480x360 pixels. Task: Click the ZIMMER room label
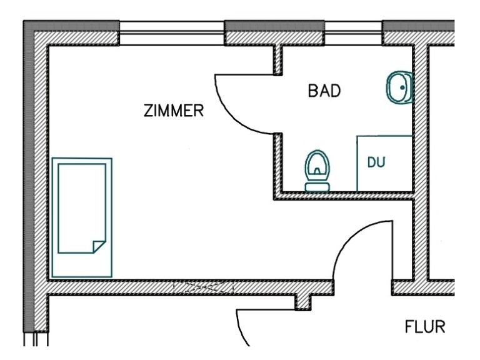tap(174, 111)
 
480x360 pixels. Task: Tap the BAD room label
tap(324, 91)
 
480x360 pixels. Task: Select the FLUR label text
tap(426, 327)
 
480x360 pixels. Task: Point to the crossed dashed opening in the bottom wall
tap(202, 287)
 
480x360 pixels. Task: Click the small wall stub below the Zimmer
tap(303, 302)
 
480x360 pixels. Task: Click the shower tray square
tap(384, 163)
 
